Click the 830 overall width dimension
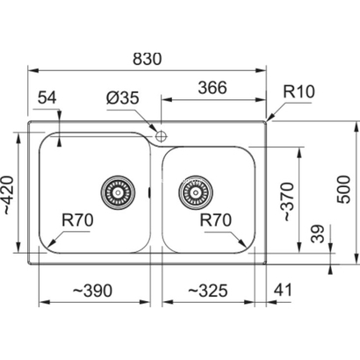(147, 59)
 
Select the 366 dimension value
(212, 88)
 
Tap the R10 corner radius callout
(299, 91)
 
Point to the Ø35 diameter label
(122, 97)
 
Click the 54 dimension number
(47, 97)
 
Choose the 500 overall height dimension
(343, 190)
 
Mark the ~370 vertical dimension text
(287, 202)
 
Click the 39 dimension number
(318, 234)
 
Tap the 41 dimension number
(283, 290)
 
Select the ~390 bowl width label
(92, 291)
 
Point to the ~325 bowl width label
(207, 291)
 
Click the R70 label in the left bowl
(77, 220)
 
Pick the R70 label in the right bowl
(216, 220)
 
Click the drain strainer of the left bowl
(118, 192)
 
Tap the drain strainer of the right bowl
(196, 192)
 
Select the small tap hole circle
(161, 136)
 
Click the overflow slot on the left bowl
(149, 192)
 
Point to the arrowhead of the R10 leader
(270, 118)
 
